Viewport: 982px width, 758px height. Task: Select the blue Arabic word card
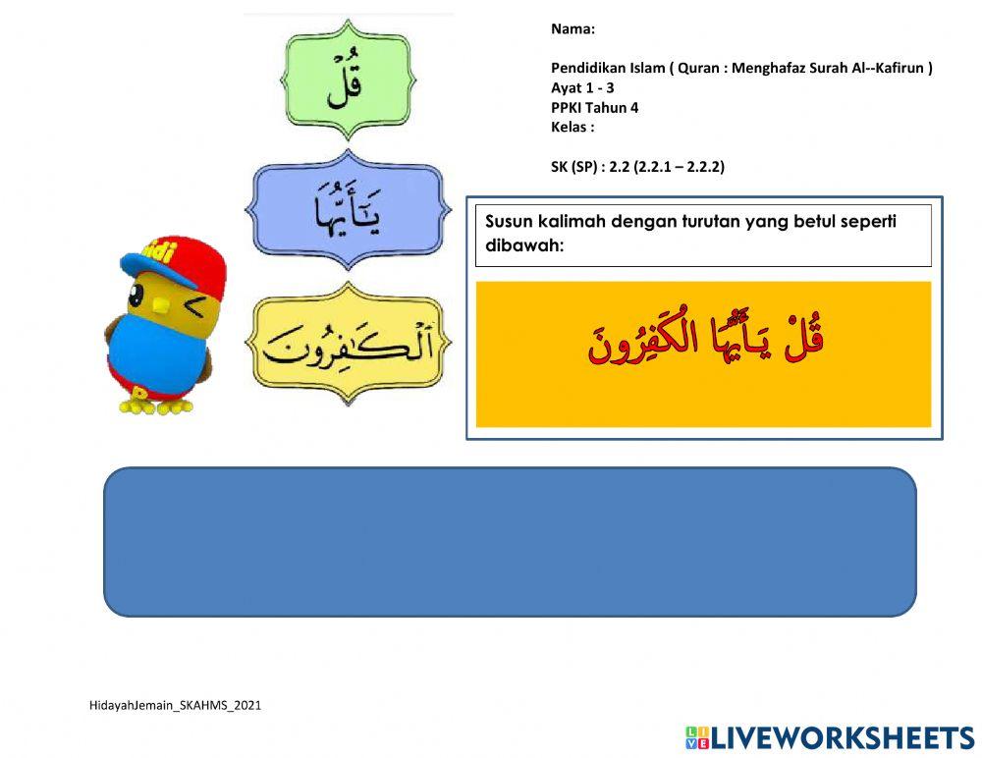(x=347, y=209)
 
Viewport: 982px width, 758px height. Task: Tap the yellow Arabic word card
(x=348, y=343)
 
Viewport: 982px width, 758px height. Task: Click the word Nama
(x=572, y=29)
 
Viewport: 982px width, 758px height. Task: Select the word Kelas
(x=571, y=127)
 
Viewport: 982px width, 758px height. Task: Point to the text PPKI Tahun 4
(x=594, y=107)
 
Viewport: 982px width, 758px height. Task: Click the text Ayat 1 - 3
(x=582, y=87)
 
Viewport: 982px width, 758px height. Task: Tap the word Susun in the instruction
(x=509, y=221)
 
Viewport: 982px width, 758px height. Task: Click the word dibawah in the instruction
(x=524, y=245)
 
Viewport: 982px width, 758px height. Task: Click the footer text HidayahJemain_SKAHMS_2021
(x=175, y=705)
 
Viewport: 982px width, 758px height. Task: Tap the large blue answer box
(x=510, y=541)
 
